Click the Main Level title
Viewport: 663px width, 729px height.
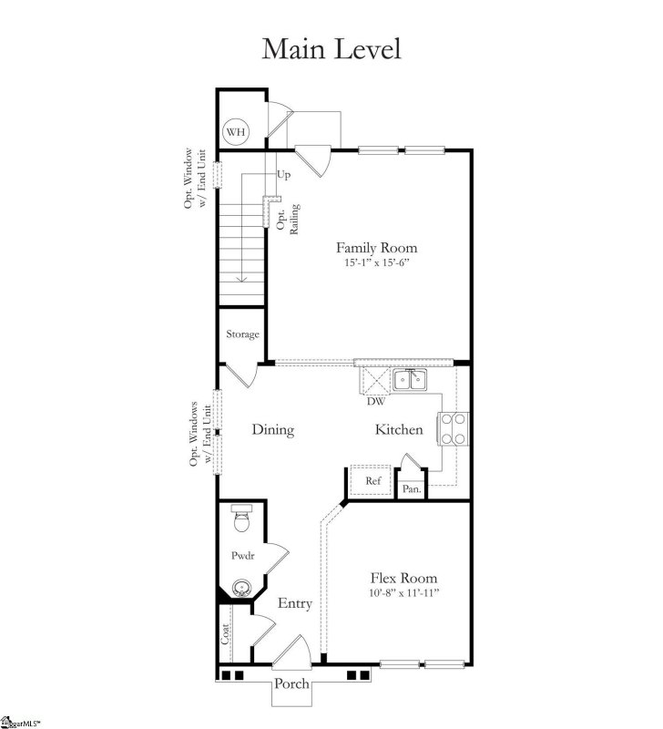(x=331, y=48)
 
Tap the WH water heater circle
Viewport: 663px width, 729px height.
(x=237, y=132)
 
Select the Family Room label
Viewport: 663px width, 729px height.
(x=376, y=247)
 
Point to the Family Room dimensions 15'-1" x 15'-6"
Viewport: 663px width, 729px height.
(x=376, y=262)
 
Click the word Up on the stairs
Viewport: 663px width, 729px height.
(x=283, y=174)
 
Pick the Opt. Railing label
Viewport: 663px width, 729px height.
(x=288, y=219)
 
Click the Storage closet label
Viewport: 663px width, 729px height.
(x=243, y=334)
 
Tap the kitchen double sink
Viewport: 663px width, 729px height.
(x=411, y=379)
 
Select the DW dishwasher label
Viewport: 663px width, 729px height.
(x=374, y=401)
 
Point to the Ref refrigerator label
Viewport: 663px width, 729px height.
(x=373, y=480)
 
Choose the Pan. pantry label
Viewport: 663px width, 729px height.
(x=412, y=489)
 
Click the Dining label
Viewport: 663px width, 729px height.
(x=272, y=429)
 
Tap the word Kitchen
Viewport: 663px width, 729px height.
(x=398, y=429)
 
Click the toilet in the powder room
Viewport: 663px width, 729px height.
(x=241, y=519)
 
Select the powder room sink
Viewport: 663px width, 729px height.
(x=242, y=590)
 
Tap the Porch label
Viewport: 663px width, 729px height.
(x=292, y=684)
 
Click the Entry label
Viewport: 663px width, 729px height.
(x=295, y=603)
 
